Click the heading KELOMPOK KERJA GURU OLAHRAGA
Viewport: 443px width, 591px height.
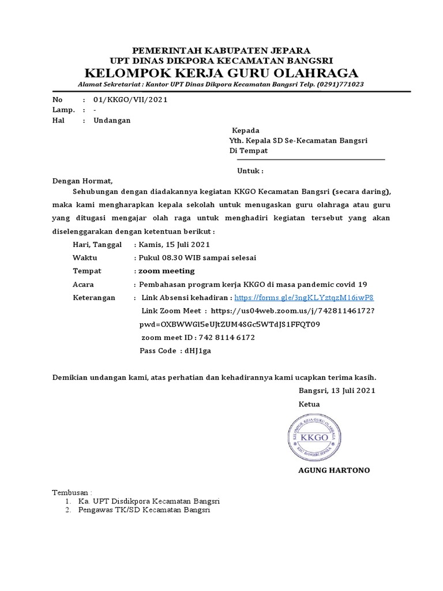click(x=221, y=73)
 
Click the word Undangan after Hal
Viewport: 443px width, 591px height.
click(x=112, y=120)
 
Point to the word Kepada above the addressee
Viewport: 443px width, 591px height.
click(x=245, y=130)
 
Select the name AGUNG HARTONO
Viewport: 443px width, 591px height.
click(x=333, y=470)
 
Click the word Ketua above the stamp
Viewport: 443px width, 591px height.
click(x=309, y=404)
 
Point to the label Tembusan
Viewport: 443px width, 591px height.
click(x=71, y=492)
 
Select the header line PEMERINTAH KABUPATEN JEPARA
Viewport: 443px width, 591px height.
click(x=221, y=50)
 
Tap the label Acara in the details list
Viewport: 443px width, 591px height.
click(x=83, y=285)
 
